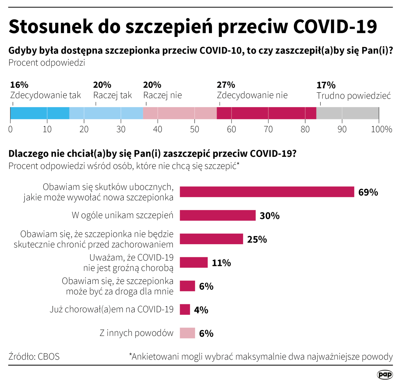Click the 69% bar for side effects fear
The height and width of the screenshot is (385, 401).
[267, 192]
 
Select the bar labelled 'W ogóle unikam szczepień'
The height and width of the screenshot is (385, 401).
[218, 215]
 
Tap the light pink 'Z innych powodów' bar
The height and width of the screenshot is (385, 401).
[187, 333]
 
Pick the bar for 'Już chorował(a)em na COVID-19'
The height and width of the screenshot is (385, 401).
[185, 310]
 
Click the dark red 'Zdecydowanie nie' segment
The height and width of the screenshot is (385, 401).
[266, 113]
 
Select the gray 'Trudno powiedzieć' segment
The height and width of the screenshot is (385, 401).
[347, 113]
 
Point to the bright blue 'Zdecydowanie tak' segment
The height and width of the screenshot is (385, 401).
[40, 113]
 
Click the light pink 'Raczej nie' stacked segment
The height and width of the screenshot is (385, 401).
[180, 113]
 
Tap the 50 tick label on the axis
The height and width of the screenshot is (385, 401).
[194, 129]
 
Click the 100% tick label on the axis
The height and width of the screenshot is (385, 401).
[381, 129]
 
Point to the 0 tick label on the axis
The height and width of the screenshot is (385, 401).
[11, 129]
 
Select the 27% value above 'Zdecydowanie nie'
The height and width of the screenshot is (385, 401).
[226, 85]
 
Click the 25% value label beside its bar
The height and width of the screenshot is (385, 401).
[257, 239]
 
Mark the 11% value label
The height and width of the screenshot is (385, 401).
[221, 263]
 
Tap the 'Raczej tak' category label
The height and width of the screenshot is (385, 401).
[113, 95]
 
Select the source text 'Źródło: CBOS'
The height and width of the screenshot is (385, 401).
[34, 356]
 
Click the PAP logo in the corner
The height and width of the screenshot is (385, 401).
[384, 374]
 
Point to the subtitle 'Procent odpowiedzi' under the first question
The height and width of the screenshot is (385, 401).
[47, 63]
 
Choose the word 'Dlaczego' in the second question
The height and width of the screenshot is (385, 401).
[28, 154]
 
